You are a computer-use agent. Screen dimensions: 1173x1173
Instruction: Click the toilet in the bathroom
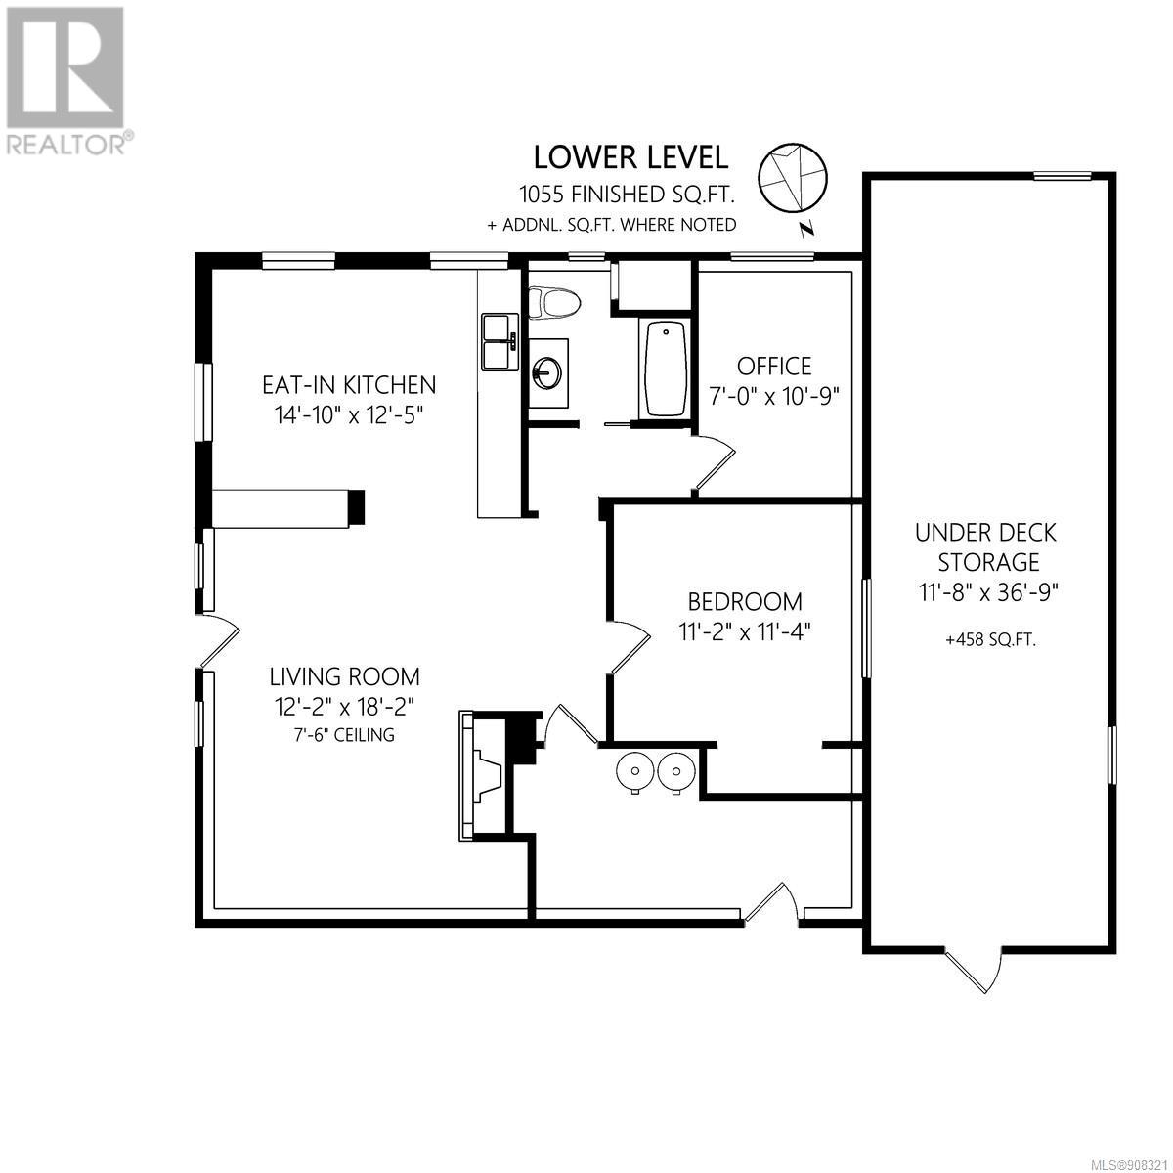554,302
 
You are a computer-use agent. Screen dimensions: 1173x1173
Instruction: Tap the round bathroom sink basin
547,371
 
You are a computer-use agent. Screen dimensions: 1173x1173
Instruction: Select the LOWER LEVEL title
630,157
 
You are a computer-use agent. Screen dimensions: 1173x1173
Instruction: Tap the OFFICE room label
773,366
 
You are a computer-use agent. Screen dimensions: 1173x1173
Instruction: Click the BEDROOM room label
745,601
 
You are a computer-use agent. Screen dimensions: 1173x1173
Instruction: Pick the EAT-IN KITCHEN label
349,385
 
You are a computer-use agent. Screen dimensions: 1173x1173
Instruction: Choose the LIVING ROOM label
344,676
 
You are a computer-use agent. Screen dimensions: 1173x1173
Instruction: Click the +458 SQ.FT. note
990,640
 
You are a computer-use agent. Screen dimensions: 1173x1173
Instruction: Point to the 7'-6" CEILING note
344,735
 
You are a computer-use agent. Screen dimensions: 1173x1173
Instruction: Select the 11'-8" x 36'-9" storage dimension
989,591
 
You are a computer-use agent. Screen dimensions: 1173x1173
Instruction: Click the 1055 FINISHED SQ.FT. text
627,195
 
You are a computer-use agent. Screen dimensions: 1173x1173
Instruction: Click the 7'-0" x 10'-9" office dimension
773,397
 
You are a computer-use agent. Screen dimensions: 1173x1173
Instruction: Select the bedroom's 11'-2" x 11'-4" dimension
745,632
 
